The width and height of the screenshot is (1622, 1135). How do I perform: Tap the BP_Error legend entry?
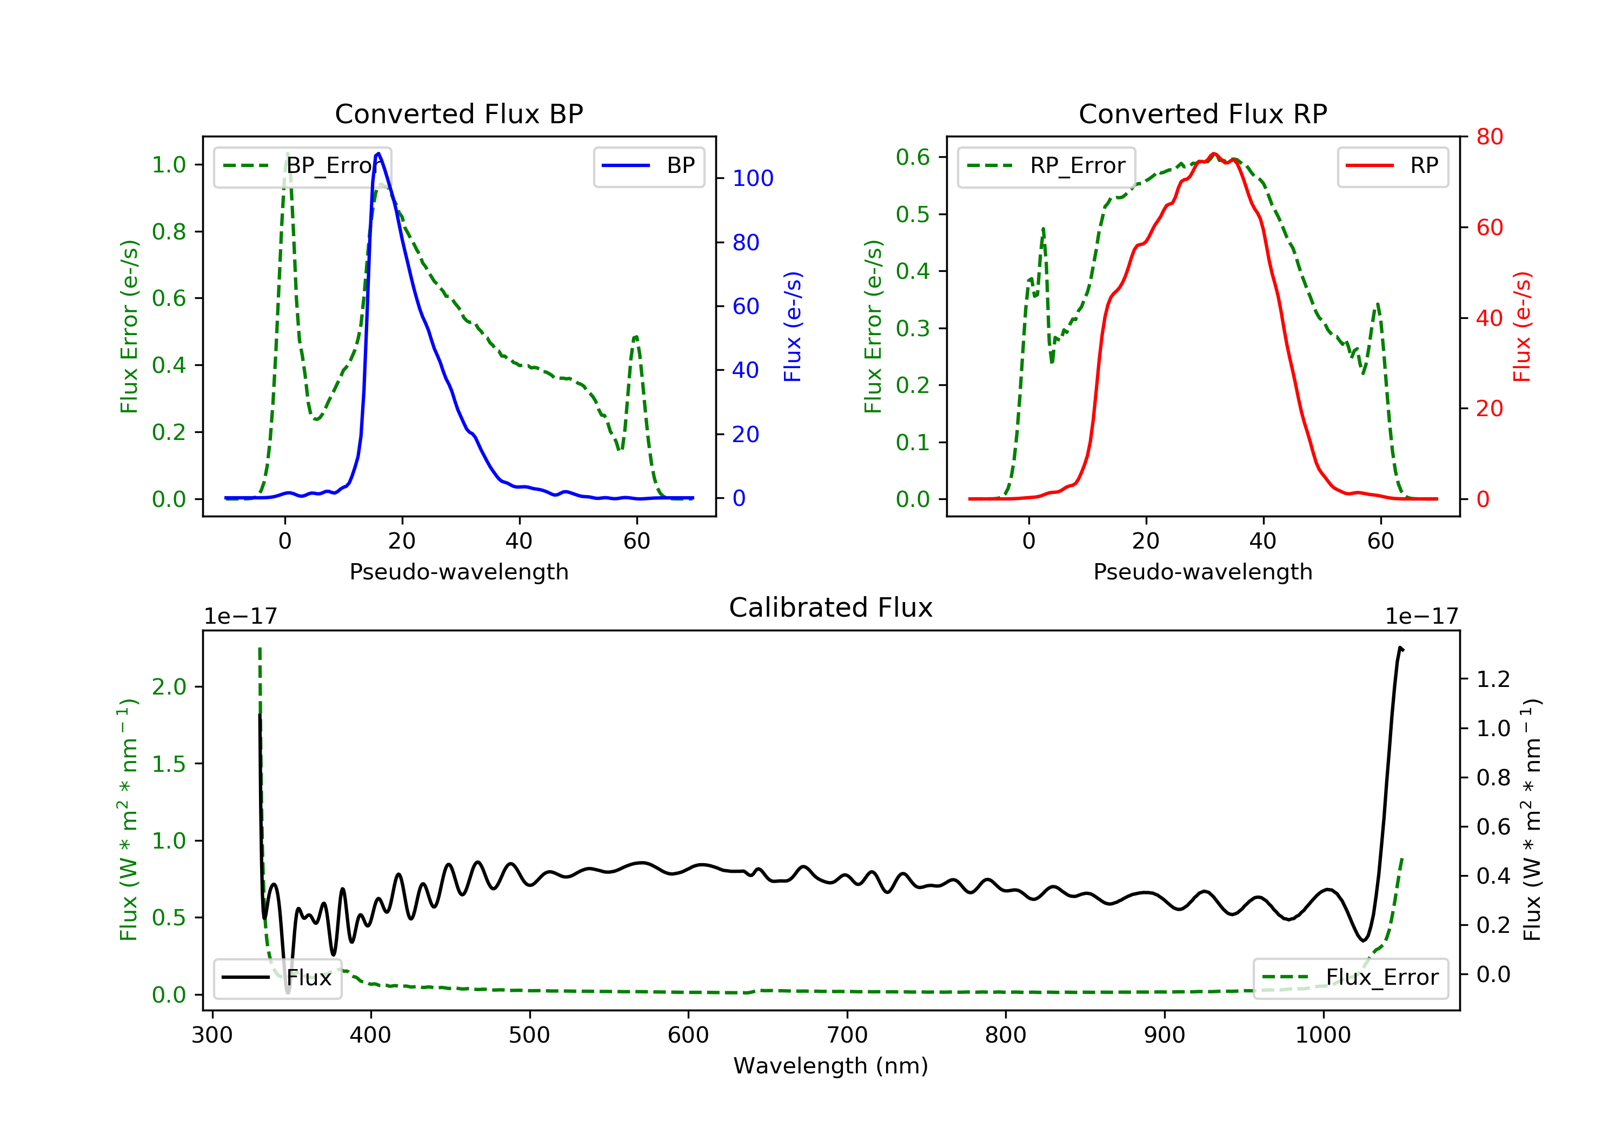(x=302, y=166)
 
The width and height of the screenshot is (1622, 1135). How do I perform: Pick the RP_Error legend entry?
(x=1046, y=166)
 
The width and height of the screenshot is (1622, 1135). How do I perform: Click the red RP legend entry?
(x=1392, y=166)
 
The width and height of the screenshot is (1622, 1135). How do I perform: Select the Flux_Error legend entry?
(x=1350, y=978)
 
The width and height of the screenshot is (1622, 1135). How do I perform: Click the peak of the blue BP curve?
(x=378, y=153)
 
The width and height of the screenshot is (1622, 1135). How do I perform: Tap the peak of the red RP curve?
(x=1214, y=154)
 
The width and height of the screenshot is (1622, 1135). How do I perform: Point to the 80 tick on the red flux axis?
(x=1489, y=137)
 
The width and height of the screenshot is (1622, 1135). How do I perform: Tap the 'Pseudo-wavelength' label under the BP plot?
(x=458, y=572)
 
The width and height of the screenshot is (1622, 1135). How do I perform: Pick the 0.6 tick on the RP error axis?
(x=912, y=157)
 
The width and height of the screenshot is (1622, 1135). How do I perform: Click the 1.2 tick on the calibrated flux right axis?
(x=1493, y=679)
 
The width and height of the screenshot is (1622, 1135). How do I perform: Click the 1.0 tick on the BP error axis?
(x=168, y=165)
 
